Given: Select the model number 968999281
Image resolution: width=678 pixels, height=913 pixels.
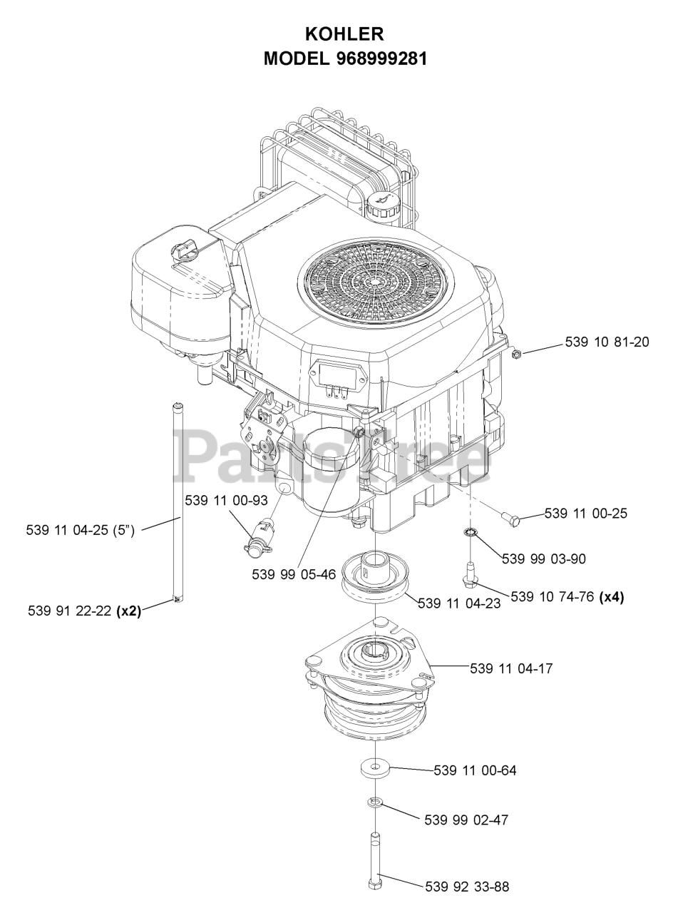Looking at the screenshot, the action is (x=381, y=59).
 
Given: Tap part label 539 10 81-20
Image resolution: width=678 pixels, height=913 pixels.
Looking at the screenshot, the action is (x=607, y=342).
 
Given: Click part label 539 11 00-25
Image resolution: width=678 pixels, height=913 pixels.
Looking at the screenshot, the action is (x=585, y=514).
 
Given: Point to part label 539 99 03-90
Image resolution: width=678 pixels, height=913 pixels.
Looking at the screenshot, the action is (x=543, y=559).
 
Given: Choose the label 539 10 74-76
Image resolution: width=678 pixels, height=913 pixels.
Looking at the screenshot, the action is (x=553, y=598).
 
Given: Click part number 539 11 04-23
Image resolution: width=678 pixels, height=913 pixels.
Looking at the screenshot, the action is (x=458, y=603).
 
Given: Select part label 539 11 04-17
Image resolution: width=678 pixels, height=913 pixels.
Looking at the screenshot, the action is (x=511, y=668).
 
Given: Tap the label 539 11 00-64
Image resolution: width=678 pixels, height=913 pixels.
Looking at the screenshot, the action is (x=475, y=770).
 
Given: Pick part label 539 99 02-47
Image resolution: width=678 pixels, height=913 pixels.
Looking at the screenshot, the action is (x=466, y=820).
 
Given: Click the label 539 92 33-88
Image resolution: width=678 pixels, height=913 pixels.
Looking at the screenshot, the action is (x=467, y=887).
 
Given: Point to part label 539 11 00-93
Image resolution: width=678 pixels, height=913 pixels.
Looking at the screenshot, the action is (x=226, y=501).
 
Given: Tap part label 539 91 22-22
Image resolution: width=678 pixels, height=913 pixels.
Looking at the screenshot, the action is (x=71, y=611).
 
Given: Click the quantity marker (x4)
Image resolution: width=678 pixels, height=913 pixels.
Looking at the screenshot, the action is (x=612, y=598).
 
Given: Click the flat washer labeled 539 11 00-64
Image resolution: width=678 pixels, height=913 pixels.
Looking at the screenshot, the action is (x=375, y=768).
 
